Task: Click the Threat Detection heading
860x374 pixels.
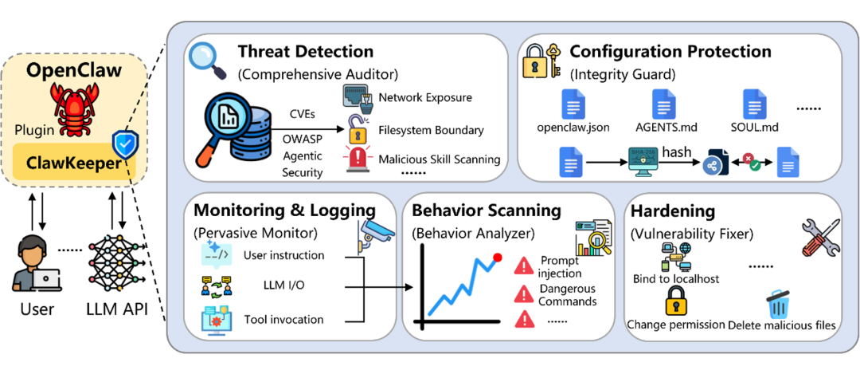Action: (305, 53)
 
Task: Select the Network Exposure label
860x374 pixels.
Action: (425, 97)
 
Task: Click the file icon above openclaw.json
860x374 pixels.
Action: (573, 104)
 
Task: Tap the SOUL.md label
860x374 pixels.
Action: (753, 128)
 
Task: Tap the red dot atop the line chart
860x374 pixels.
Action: (498, 258)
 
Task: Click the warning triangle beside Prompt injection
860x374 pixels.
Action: (524, 265)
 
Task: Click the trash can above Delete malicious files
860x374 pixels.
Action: (777, 304)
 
